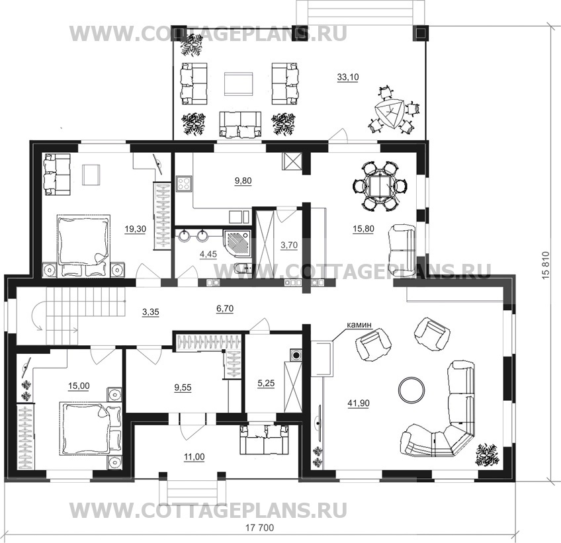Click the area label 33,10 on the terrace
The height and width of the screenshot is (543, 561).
[x=348, y=77]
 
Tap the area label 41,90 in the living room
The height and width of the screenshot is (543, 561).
[x=359, y=403]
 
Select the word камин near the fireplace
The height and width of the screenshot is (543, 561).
[x=359, y=325]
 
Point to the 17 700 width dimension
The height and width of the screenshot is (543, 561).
[x=260, y=528]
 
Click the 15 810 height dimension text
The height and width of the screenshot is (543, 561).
[x=546, y=266]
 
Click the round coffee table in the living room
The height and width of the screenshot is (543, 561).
[x=411, y=389]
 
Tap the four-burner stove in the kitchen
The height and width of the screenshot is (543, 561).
[x=183, y=183]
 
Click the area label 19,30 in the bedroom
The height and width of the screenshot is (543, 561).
[x=135, y=229]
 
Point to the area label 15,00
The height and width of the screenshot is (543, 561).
[x=79, y=386]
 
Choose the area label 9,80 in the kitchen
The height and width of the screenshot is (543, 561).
[x=243, y=181]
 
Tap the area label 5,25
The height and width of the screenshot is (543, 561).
[x=266, y=384]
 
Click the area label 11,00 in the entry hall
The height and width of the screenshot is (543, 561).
[x=194, y=457]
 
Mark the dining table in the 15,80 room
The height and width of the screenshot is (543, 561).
[x=380, y=186]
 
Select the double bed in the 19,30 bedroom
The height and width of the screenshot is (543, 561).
[x=83, y=245]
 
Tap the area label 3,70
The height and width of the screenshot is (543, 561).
[x=288, y=245]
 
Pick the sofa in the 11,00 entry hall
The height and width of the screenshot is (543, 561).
[x=265, y=439]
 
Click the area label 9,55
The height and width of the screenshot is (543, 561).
[x=183, y=388]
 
